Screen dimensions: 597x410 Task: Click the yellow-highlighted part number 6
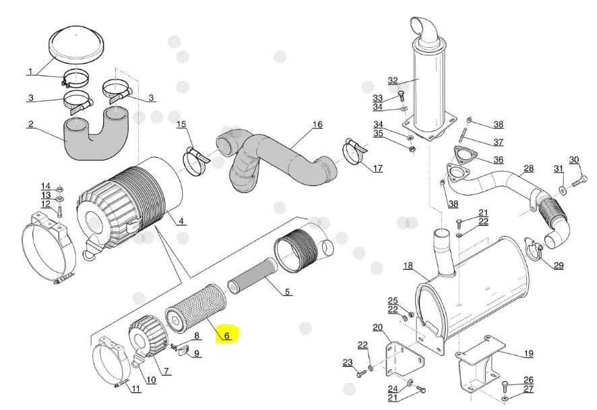(226, 335)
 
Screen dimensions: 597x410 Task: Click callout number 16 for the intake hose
(317, 125)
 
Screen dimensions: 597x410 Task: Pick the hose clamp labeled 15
(197, 161)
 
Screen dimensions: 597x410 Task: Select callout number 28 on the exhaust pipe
(528, 168)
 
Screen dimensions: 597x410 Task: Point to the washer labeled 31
(562, 189)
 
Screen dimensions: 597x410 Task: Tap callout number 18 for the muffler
(408, 266)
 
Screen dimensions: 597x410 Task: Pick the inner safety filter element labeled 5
(249, 276)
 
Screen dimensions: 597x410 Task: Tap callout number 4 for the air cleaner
(181, 221)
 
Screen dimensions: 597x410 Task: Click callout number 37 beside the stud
(499, 142)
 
